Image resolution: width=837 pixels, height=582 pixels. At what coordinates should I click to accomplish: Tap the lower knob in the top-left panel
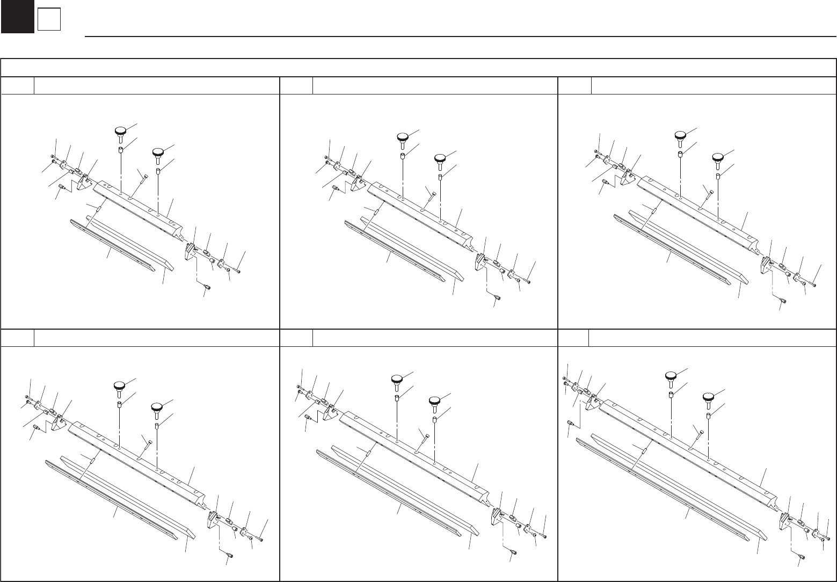pos(158,154)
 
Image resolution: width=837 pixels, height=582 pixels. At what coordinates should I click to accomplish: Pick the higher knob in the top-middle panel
pos(403,137)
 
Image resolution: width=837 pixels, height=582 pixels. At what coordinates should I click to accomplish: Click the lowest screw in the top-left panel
pos(207,288)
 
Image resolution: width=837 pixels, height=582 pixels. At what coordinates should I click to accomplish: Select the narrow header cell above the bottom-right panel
pos(573,338)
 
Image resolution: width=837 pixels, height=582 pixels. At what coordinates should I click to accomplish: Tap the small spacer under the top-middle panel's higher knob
pos(403,157)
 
